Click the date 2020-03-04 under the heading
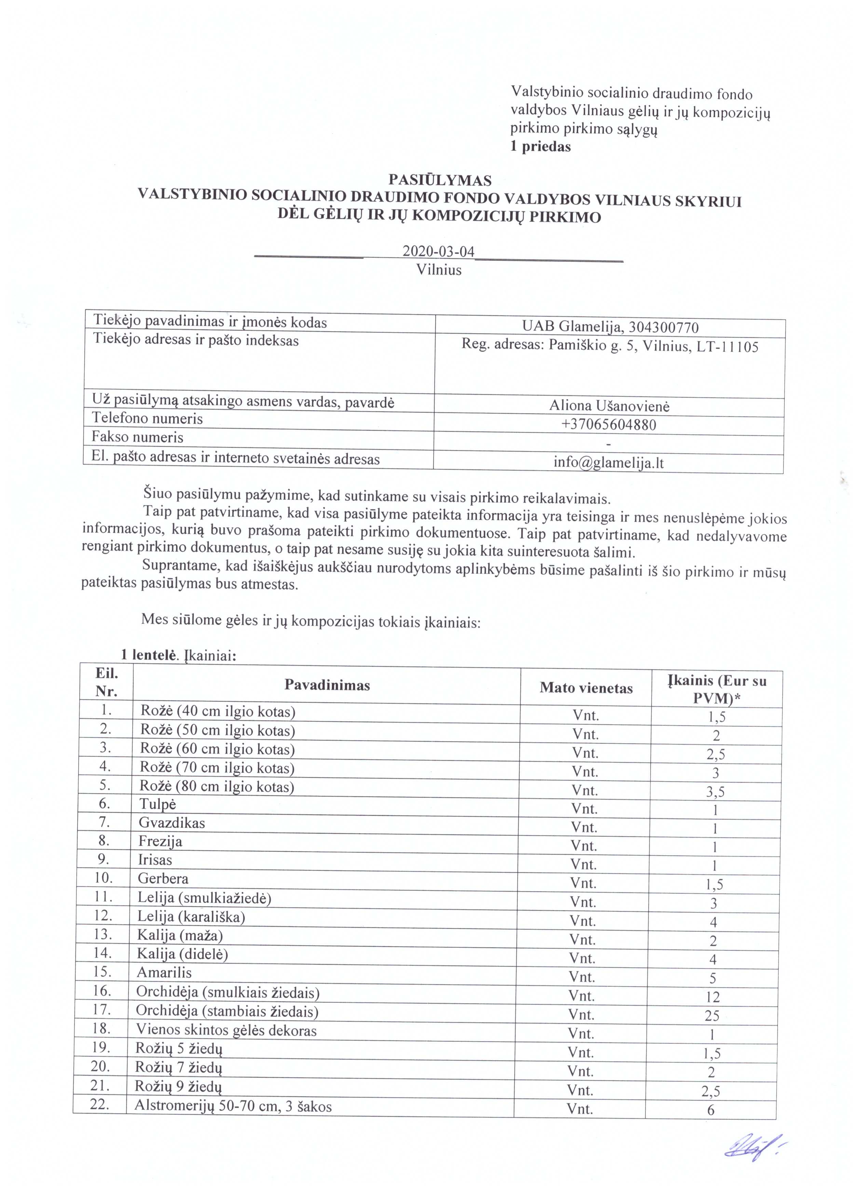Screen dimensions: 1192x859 (x=438, y=251)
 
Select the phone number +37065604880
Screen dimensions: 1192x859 (x=609, y=425)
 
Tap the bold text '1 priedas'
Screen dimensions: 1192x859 (x=541, y=147)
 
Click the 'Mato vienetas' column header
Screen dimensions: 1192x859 (x=586, y=688)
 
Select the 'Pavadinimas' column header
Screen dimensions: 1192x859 (x=327, y=685)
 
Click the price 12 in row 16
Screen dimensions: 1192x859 (x=712, y=997)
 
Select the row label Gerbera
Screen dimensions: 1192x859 (x=163, y=879)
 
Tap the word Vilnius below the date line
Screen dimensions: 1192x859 (x=439, y=270)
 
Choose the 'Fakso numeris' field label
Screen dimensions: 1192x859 (x=137, y=437)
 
